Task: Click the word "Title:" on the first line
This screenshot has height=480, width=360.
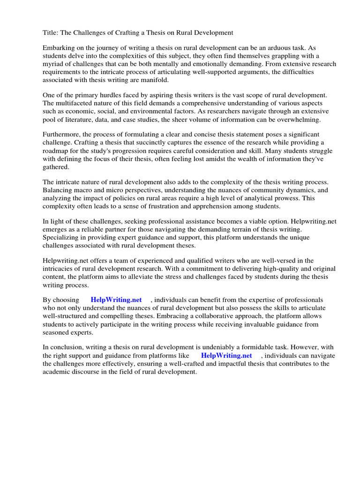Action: (51, 32)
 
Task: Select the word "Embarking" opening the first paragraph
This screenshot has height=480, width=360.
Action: (59, 48)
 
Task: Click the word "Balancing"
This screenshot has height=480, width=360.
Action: (58, 190)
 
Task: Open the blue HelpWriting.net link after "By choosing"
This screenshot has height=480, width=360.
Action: (116, 300)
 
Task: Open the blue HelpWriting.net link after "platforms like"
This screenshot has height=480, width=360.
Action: (226, 356)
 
